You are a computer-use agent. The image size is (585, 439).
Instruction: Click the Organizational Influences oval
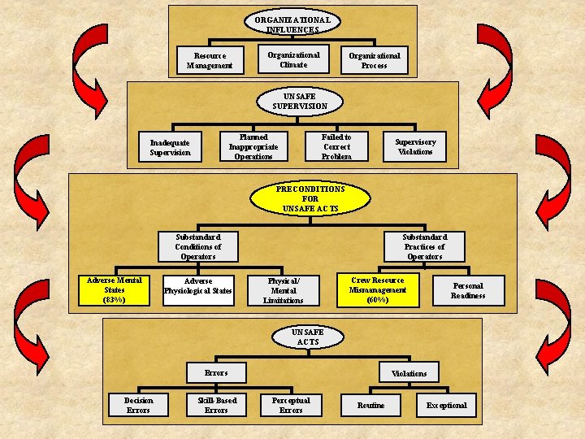click(x=292, y=24)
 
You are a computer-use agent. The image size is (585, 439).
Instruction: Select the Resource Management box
click(x=210, y=60)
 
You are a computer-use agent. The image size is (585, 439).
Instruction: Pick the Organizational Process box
click(x=375, y=60)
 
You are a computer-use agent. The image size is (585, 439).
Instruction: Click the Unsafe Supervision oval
click(x=300, y=101)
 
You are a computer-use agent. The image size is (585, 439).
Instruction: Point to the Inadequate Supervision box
click(x=170, y=147)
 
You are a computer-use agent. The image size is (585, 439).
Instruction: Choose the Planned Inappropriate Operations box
click(x=253, y=146)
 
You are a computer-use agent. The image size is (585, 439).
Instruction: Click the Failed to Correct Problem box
click(x=336, y=146)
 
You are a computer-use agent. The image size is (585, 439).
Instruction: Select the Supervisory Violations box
click(x=415, y=146)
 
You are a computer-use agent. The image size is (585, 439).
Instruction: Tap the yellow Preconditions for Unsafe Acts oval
click(x=310, y=198)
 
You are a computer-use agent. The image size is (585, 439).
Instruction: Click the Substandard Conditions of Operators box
click(x=198, y=246)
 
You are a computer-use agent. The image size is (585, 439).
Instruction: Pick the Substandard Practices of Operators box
click(x=424, y=246)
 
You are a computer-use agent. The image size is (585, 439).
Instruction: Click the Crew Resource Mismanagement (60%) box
click(x=378, y=290)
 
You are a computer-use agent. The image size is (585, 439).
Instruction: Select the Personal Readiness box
click(x=468, y=290)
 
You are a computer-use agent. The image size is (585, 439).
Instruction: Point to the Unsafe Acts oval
click(x=308, y=337)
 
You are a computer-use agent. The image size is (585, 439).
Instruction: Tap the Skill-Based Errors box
click(x=216, y=405)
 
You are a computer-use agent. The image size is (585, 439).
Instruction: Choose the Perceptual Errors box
click(x=291, y=405)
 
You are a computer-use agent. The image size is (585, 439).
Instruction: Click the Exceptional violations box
click(x=447, y=405)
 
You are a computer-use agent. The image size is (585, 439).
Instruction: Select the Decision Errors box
click(x=138, y=405)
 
